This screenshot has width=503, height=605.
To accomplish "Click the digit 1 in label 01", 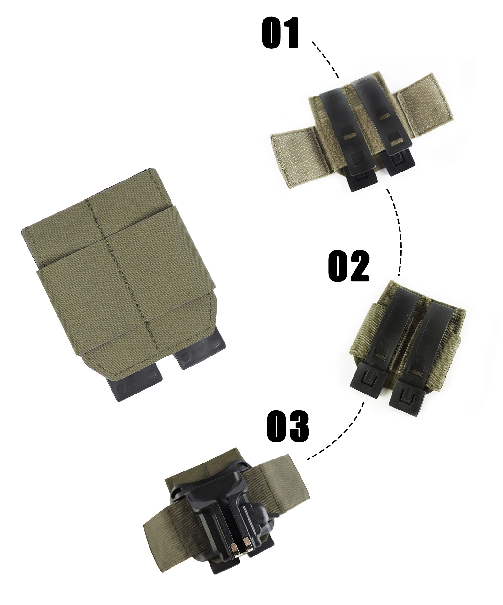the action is click(290, 33).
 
